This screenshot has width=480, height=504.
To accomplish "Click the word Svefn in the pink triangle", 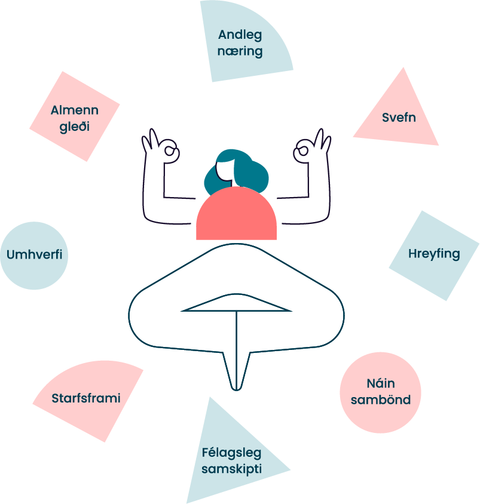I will coord(399,118).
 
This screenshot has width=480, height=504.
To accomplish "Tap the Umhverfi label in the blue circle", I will coord(34,256).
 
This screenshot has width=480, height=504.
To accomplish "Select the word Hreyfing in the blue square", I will coord(434,254).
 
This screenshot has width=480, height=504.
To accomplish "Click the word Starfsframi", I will coord(86,398).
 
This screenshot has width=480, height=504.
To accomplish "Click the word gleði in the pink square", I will coord(75,127).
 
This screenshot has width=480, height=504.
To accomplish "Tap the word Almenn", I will coord(75,110).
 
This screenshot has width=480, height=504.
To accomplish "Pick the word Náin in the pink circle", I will coord(381,383).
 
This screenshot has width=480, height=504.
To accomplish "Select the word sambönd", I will coord(381,400).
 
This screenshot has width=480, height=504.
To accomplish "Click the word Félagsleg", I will coord(231,452).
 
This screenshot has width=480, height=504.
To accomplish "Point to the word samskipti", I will coord(231,469).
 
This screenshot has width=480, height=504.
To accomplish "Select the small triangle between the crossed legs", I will coord(237,306).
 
